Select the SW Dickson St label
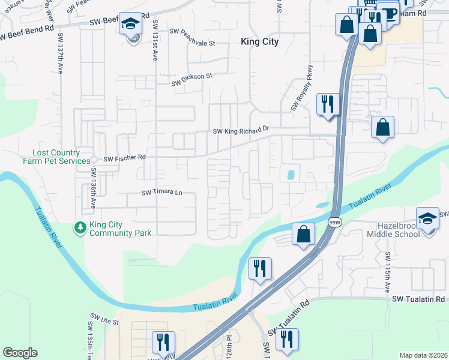[x=193, y=76]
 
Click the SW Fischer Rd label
[x=125, y=159]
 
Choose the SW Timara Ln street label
[x=161, y=193]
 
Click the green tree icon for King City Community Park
[x=79, y=227]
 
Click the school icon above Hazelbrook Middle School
[x=427, y=218]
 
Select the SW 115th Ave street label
[x=388, y=270]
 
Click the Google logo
[x=20, y=353]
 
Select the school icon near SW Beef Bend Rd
[x=130, y=24]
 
